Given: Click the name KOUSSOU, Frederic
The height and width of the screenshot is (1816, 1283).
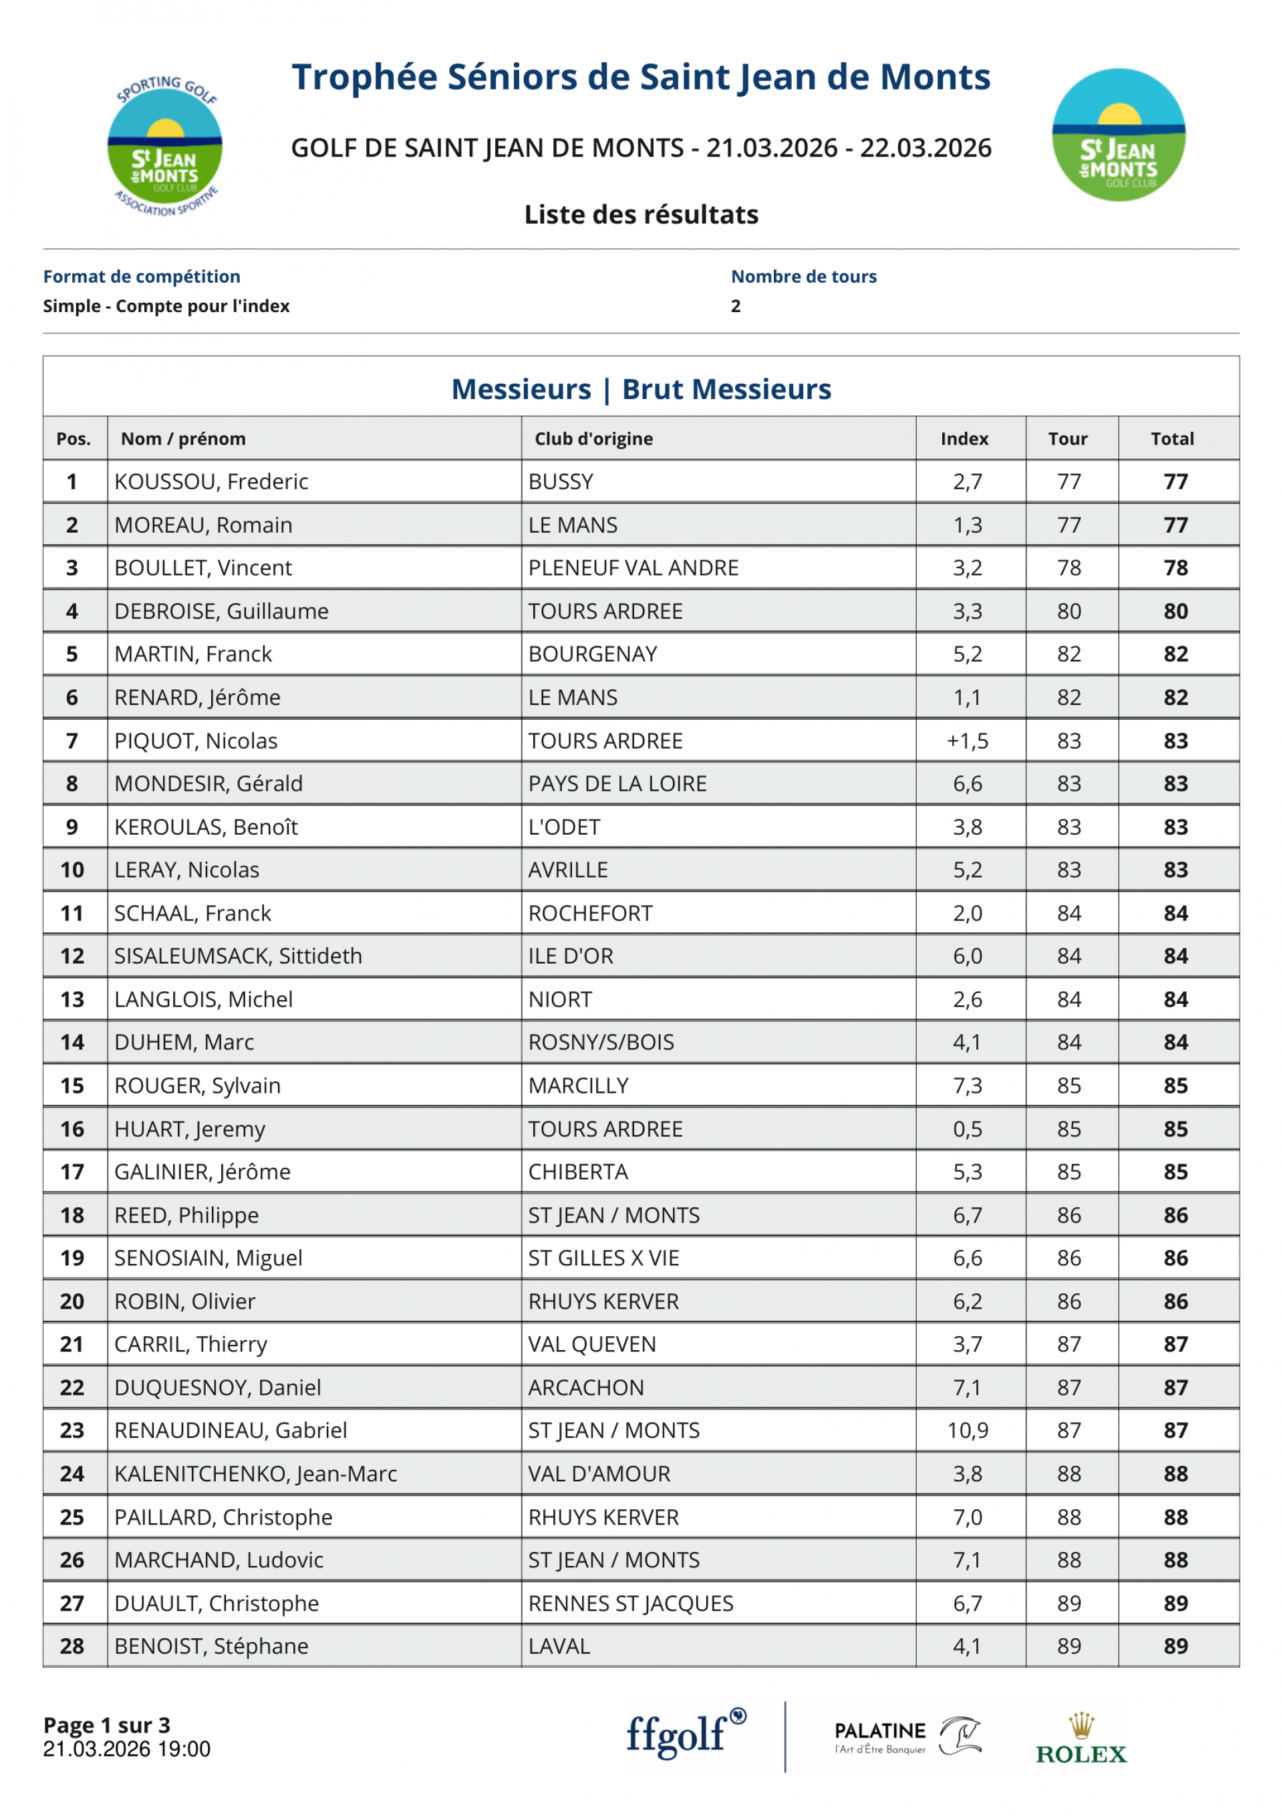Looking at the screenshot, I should (x=211, y=482).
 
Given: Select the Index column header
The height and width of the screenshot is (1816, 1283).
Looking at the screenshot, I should (x=964, y=439).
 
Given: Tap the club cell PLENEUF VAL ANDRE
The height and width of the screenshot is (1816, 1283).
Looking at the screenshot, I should (x=633, y=568).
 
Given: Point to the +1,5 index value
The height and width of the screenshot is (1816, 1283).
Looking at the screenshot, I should (x=968, y=741).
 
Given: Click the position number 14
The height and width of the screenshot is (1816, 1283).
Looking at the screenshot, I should (x=72, y=1043).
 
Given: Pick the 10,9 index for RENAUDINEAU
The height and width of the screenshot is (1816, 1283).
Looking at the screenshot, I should (x=968, y=1431).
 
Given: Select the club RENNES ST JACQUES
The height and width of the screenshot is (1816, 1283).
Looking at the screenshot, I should (x=630, y=1603).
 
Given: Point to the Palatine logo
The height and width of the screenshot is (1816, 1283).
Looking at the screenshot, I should (x=907, y=1737).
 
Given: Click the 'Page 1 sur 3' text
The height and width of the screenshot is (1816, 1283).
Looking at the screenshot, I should (x=107, y=1725).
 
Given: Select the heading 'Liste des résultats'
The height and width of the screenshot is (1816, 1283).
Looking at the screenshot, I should (x=641, y=215).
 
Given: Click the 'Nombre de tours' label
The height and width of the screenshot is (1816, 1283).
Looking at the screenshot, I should (x=804, y=277).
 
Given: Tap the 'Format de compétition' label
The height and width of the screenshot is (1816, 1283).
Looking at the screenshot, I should (x=142, y=277).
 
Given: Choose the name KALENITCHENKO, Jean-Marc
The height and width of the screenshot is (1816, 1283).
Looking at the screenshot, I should (x=255, y=1474).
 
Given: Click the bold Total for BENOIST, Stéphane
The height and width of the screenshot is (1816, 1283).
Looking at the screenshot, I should (x=1175, y=1647).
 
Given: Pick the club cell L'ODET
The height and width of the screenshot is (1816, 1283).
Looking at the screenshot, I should (x=564, y=827).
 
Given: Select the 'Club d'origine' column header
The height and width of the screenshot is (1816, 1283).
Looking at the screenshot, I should (x=593, y=439).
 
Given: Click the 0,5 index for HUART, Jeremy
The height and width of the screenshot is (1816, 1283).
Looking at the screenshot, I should (x=968, y=1130).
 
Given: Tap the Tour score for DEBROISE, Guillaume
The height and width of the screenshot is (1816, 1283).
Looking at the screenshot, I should (x=1068, y=612).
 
